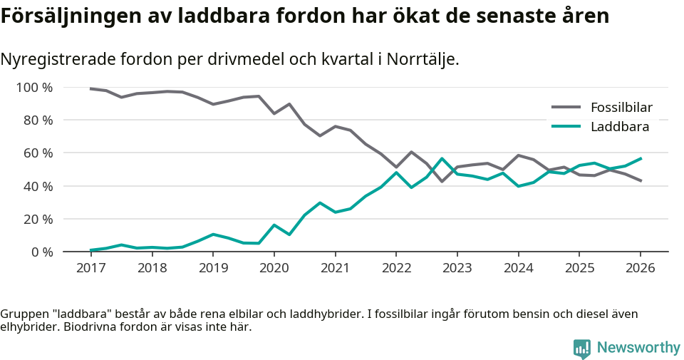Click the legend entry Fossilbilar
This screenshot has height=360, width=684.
[621, 108]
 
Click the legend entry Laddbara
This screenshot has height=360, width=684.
[619, 127]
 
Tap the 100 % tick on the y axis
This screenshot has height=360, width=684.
[35, 88]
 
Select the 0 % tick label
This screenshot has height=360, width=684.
[41, 252]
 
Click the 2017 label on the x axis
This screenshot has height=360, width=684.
[90, 268]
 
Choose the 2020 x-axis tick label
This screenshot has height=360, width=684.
[274, 268]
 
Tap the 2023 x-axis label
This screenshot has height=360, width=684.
[457, 268]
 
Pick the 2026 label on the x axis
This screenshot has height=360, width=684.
[640, 268]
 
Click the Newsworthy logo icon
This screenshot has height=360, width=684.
[582, 348]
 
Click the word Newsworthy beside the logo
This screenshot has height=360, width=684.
[638, 348]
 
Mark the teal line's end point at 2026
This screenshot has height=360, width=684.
[641, 158]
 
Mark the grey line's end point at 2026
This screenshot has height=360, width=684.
[641, 181]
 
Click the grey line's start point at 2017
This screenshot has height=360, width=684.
[90, 88]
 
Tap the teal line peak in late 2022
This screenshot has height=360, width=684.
[442, 158]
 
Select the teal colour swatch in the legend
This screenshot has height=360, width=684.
[566, 127]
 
